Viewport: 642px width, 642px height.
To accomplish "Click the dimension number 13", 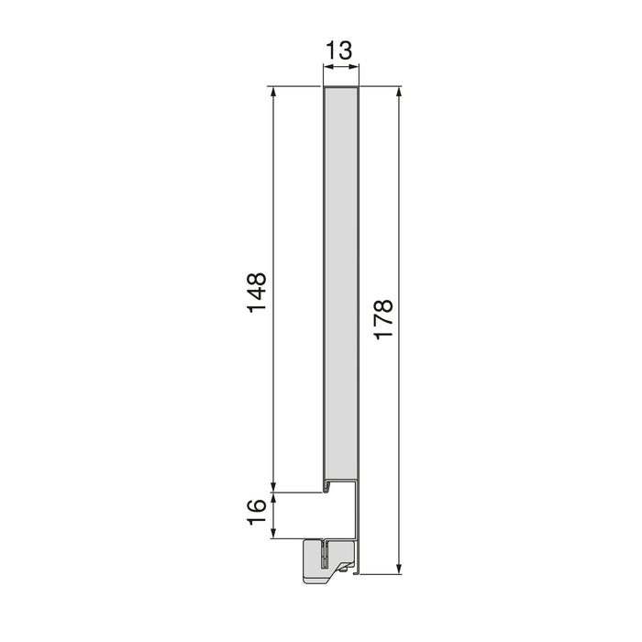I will point(339,51).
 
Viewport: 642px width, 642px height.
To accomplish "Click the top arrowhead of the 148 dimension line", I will point(272,93).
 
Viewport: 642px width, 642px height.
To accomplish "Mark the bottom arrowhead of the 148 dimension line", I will point(272,487).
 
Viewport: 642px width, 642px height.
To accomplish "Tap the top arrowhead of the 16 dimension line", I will point(272,498).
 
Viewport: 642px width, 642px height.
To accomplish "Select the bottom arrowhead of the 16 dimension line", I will point(272,534).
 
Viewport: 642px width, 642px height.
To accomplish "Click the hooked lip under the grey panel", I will point(326,483).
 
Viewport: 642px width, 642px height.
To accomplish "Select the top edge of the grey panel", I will point(340,89).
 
